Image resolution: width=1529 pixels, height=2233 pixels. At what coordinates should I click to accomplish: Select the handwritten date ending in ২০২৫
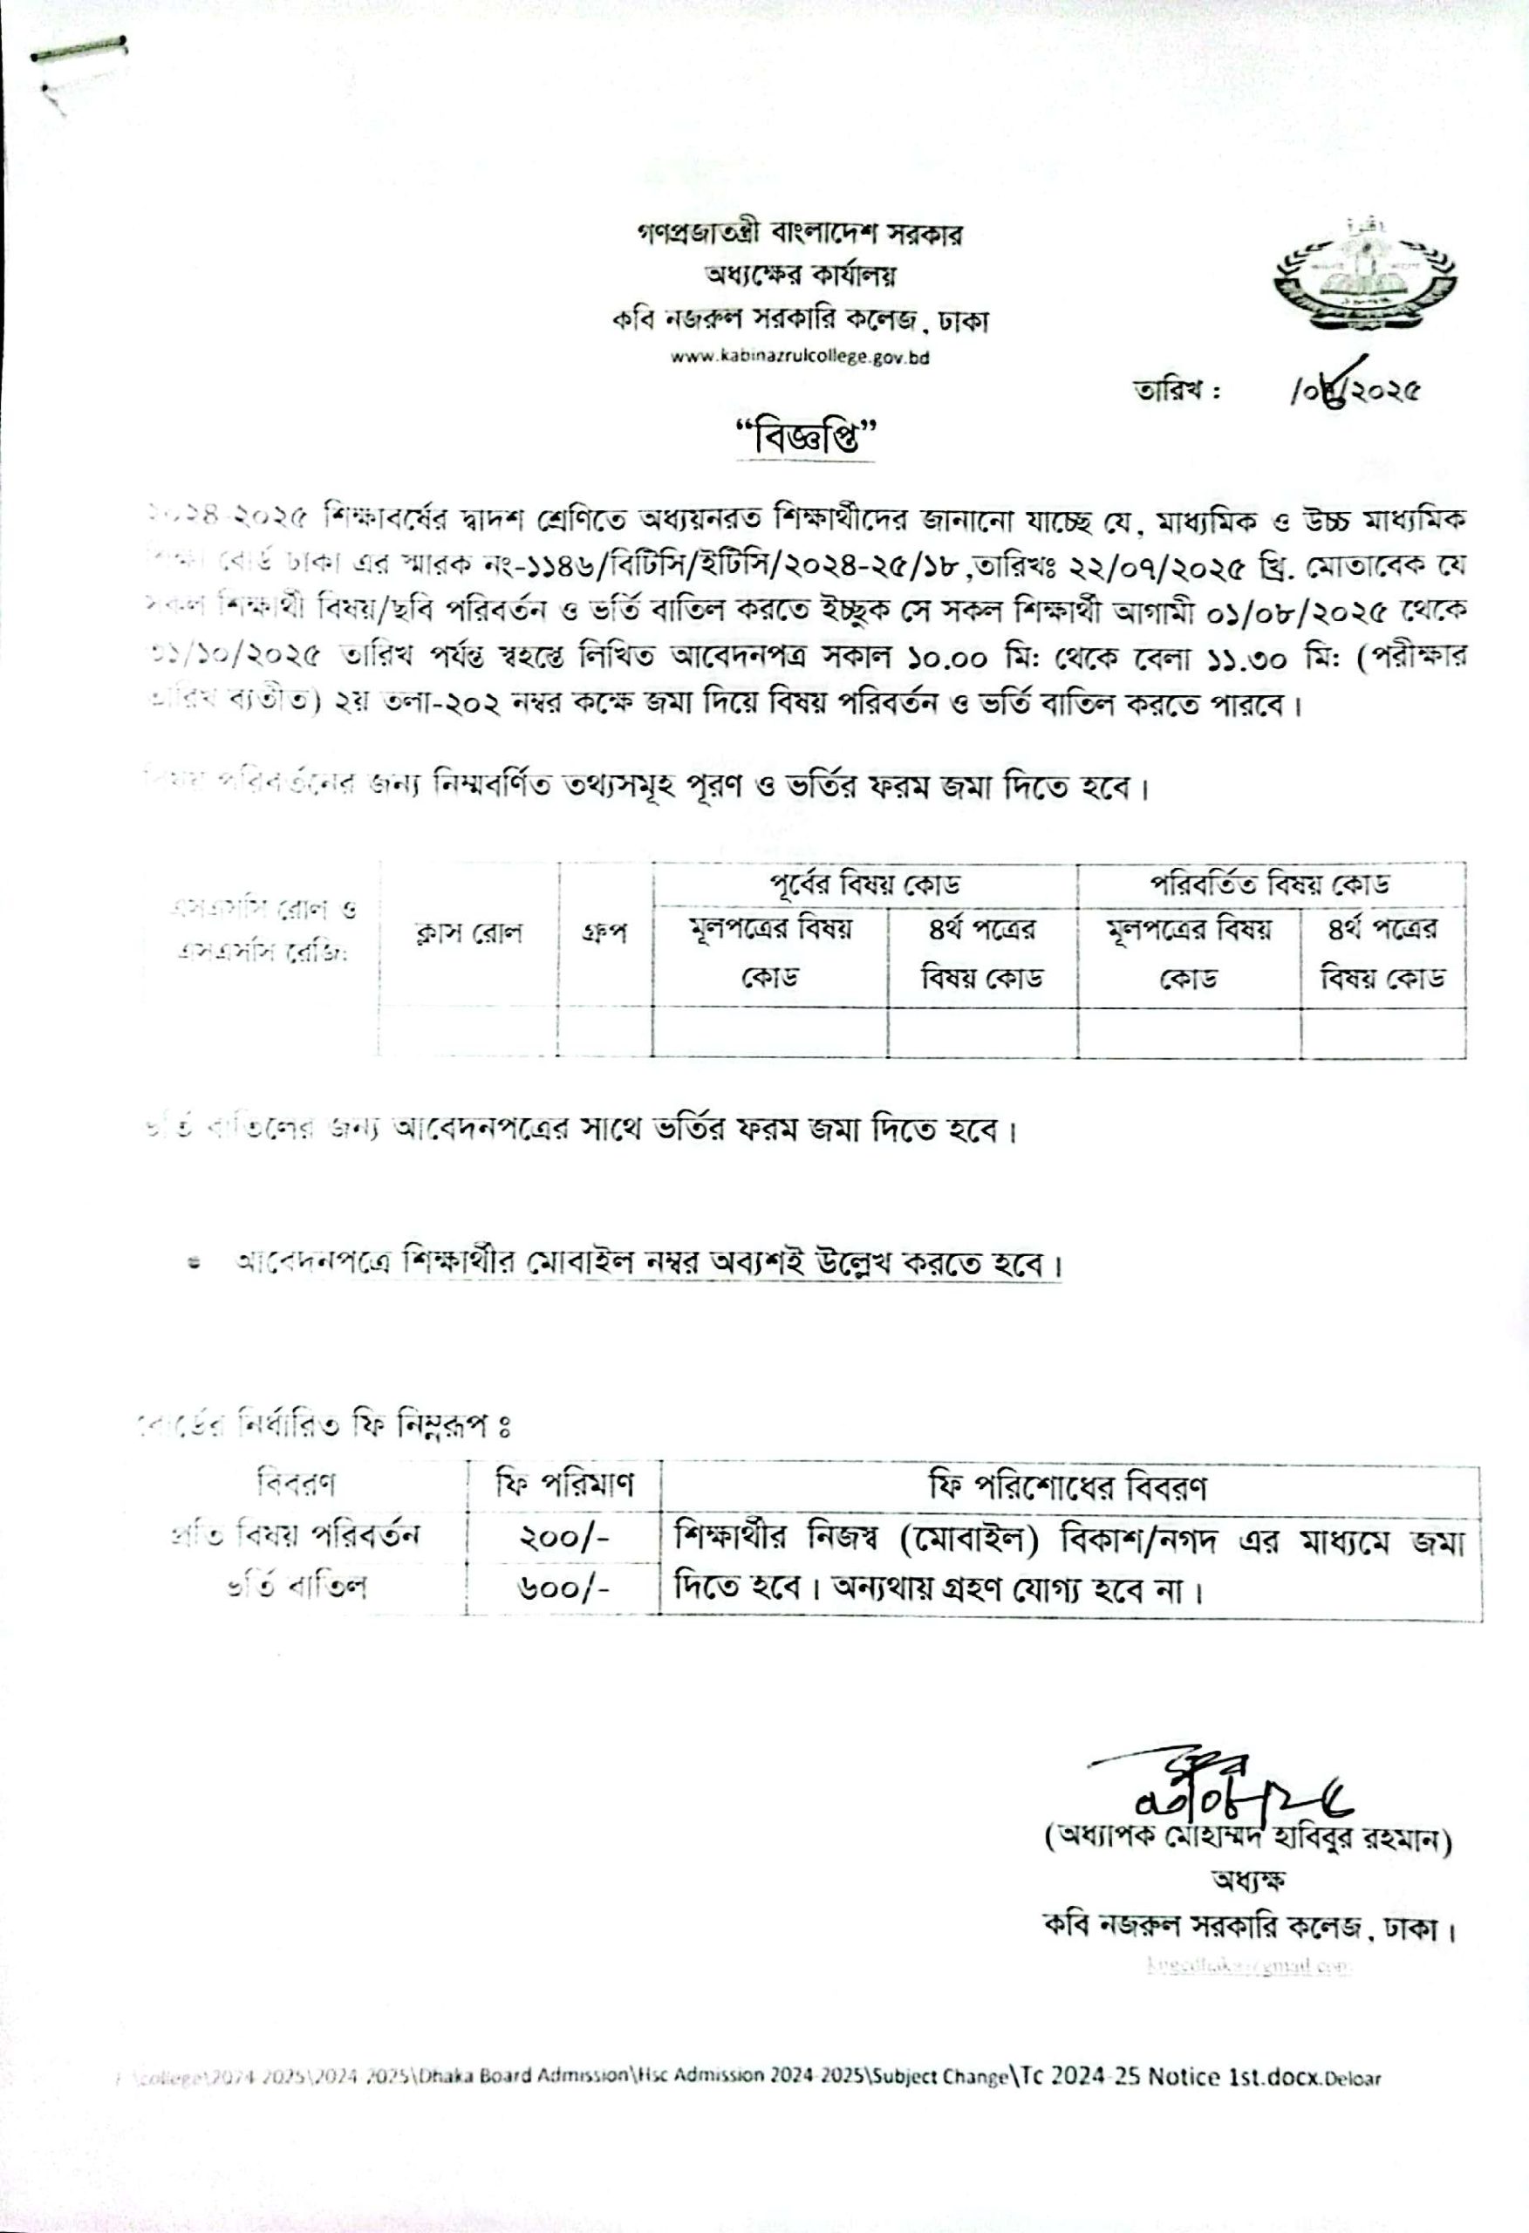(1356, 389)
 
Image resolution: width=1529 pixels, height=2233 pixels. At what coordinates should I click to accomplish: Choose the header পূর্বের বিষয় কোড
(864, 883)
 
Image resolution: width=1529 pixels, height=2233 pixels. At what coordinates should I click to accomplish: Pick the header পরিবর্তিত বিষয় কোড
(1271, 883)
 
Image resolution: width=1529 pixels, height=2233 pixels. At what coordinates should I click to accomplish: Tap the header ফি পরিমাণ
(564, 1486)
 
